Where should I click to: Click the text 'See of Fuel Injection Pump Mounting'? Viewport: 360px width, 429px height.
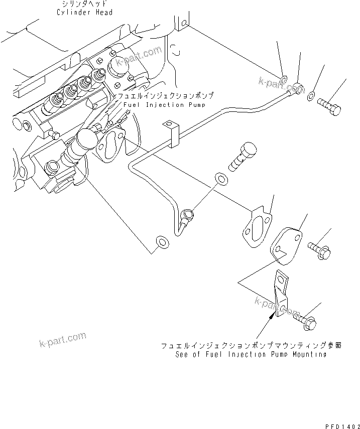251,354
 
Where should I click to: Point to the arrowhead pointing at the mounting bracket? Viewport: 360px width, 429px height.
274,315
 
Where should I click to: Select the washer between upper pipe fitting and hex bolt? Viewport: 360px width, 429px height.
312,96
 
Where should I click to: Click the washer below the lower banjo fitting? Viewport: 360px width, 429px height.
162,242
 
